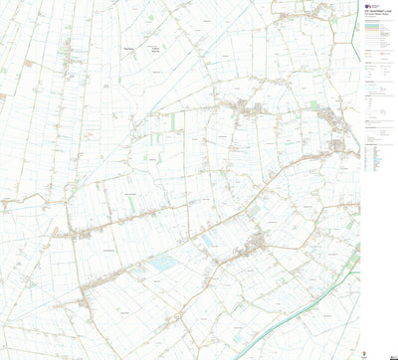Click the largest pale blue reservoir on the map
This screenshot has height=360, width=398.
tap(162, 263)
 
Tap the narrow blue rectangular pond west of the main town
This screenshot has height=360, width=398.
tap(208, 241)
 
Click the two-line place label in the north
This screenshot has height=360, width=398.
tap(156, 49)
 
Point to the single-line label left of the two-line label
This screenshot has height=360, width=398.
tap(127, 47)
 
